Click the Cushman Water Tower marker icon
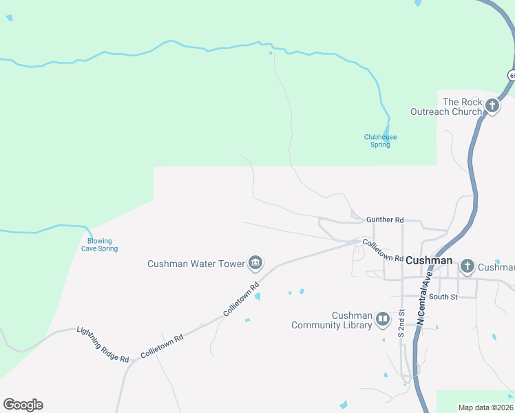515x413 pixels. (x=255, y=262)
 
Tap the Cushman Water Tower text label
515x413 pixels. (x=196, y=264)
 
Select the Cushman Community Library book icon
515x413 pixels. (x=382, y=319)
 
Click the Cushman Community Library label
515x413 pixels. (x=332, y=321)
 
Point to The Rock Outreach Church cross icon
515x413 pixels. (x=492, y=106)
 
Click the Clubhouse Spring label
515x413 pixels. (x=380, y=141)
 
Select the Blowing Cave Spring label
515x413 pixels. (x=100, y=244)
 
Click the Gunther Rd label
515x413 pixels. (x=385, y=220)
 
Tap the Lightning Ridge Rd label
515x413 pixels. (x=103, y=344)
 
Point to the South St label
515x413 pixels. (x=443, y=297)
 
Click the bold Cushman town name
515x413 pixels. (x=429, y=260)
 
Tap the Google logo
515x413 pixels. (x=23, y=405)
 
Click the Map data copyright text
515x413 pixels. (x=486, y=407)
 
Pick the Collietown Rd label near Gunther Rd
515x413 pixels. (x=382, y=250)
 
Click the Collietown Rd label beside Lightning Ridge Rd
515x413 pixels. (x=162, y=346)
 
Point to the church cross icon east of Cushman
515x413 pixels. (x=467, y=266)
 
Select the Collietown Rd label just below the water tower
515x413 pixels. (x=240, y=299)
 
